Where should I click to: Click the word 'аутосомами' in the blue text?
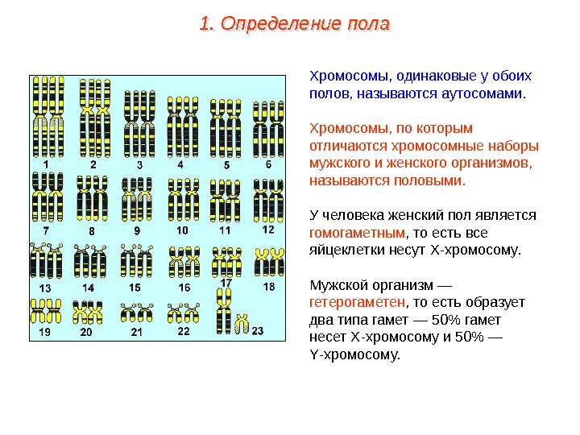(x=482, y=94)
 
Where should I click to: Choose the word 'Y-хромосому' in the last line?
(x=354, y=354)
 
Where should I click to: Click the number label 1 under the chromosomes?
(x=46, y=164)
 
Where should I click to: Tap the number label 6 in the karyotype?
(x=268, y=164)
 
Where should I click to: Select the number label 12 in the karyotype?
(x=268, y=230)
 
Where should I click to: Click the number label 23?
(x=258, y=331)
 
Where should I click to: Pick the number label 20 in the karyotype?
(x=86, y=331)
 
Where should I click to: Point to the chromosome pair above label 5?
(x=226, y=125)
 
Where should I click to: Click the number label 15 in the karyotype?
(x=135, y=288)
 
